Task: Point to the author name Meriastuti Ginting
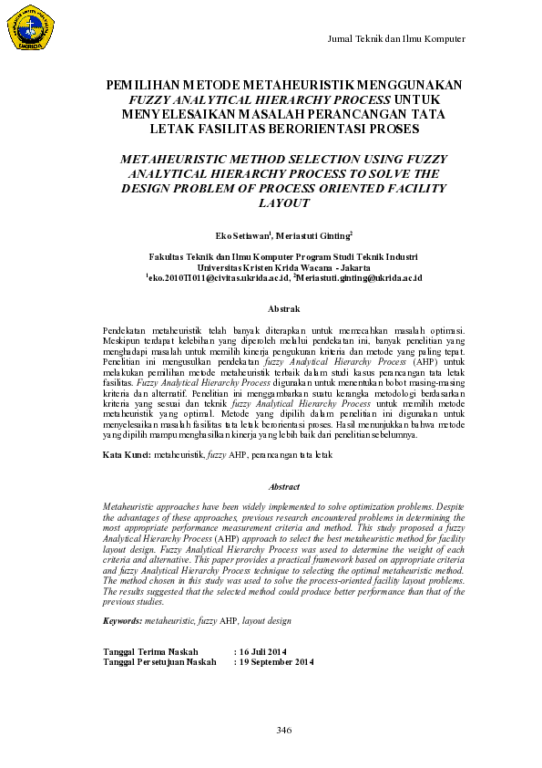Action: [314, 234]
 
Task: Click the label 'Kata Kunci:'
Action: [128, 453]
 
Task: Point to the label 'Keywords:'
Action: [124, 620]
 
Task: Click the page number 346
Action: [282, 731]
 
